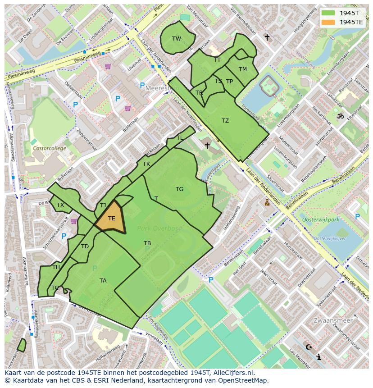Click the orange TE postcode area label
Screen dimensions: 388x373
[x=112, y=219]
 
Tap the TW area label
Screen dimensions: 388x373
[x=177, y=39]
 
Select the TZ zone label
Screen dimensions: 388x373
[x=225, y=121]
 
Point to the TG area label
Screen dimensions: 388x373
[x=180, y=189]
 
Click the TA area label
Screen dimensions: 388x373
[x=103, y=281]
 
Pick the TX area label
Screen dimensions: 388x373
[x=60, y=205]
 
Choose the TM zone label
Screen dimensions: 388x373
[x=243, y=69]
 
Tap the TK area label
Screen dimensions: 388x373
[x=146, y=164]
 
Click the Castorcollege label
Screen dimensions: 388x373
[x=49, y=148]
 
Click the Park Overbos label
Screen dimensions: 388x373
[x=160, y=228]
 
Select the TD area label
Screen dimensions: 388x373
[x=85, y=246]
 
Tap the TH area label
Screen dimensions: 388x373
[x=56, y=267]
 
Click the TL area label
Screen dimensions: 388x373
[x=180, y=138]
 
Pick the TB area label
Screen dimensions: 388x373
[x=147, y=243]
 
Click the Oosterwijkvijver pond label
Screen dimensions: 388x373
[x=332, y=237]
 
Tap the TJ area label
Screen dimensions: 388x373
[x=103, y=205]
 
